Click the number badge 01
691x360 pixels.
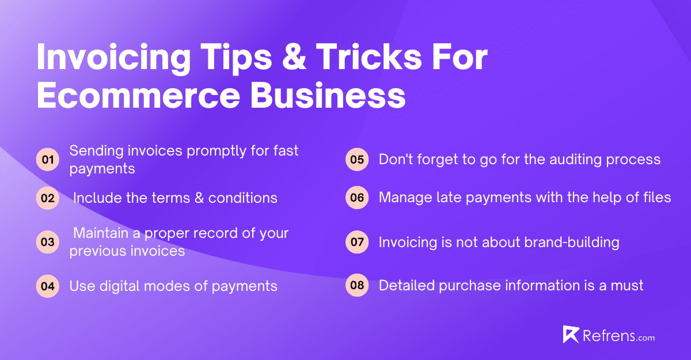click(48, 160)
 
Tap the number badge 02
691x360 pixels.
click(48, 198)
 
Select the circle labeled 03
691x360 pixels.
click(48, 242)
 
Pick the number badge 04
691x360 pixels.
click(48, 286)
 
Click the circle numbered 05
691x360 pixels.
click(357, 160)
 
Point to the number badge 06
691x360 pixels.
click(357, 198)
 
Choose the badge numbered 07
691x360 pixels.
click(357, 242)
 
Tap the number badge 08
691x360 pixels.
click(357, 286)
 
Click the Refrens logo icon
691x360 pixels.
click(571, 335)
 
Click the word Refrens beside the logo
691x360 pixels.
click(604, 335)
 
